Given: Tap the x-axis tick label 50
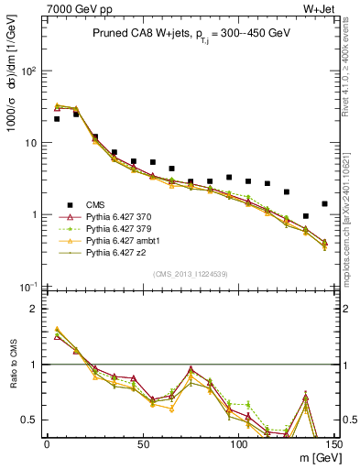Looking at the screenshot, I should [x=143, y=444].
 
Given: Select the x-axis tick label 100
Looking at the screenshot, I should [x=238, y=444].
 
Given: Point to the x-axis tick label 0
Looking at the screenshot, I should [x=47, y=444].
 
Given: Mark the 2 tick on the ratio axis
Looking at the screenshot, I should [x=37, y=309].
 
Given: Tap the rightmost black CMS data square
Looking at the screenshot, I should [x=324, y=203].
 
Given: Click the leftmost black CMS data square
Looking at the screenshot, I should [x=57, y=118].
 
